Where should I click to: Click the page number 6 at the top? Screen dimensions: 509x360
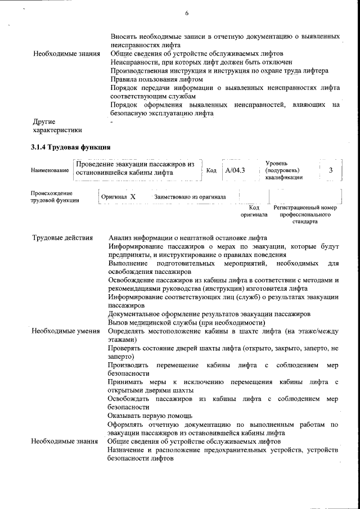(186, 13)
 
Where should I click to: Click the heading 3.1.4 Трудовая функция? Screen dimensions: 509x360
(70, 147)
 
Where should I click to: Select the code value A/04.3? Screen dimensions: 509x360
(235, 170)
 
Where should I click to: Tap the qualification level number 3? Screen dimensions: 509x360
(331, 170)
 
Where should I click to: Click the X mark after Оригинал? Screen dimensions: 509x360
(133, 197)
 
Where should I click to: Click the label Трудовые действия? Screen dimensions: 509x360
(62, 237)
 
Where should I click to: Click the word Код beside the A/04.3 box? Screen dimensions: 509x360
(211, 170)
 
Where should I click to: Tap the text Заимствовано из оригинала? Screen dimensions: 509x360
(190, 197)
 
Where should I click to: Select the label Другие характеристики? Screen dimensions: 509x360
(54, 125)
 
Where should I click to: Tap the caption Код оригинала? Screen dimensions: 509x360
(254, 211)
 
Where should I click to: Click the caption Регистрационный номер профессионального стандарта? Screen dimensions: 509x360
(305, 214)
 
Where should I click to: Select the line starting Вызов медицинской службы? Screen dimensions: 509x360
(186, 323)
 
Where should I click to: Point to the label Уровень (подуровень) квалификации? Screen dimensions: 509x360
(283, 170)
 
